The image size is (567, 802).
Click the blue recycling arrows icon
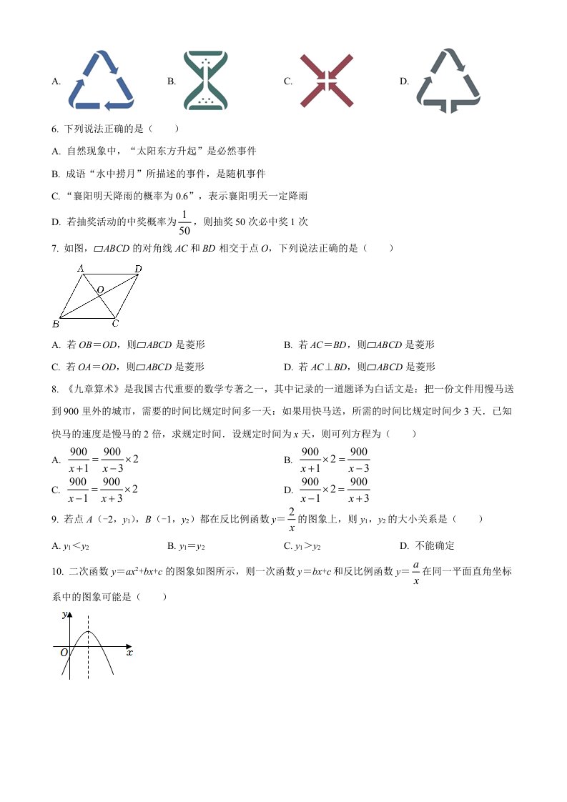coord(101,80)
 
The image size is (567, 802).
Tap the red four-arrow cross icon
coord(327,80)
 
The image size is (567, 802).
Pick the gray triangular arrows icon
coord(448,80)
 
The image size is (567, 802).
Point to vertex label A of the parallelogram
coord(82,268)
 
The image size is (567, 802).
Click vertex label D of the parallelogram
coord(138,269)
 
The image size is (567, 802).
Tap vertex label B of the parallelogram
coord(55,325)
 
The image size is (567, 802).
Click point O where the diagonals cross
coord(100,289)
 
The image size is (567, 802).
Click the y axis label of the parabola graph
coord(64,614)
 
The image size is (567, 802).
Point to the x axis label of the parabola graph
coord(129,652)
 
